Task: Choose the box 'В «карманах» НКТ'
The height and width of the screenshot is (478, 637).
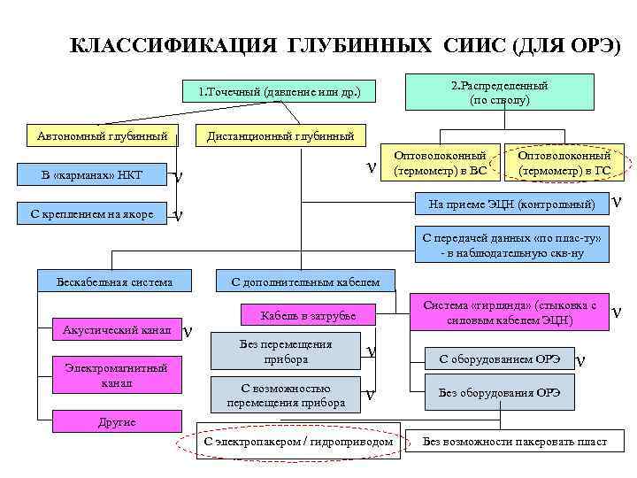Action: [x=91, y=175]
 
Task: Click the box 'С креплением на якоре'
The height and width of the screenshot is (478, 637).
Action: [x=91, y=214]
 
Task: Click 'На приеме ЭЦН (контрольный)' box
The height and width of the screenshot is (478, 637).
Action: [x=511, y=204]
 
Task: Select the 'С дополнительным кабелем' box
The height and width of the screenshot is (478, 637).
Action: [x=304, y=282]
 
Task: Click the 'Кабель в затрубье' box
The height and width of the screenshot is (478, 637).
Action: [x=308, y=316]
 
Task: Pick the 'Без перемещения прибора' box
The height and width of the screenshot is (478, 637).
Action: [x=286, y=352]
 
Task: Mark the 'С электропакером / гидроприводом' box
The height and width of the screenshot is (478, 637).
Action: [x=298, y=440]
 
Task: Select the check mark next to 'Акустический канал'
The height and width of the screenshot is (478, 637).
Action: [x=188, y=331]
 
